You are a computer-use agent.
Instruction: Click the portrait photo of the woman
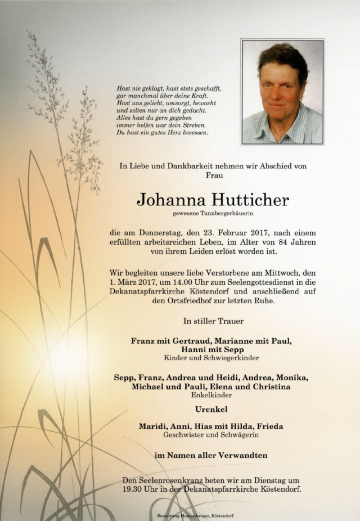282,92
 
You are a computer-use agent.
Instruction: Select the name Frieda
268,426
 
